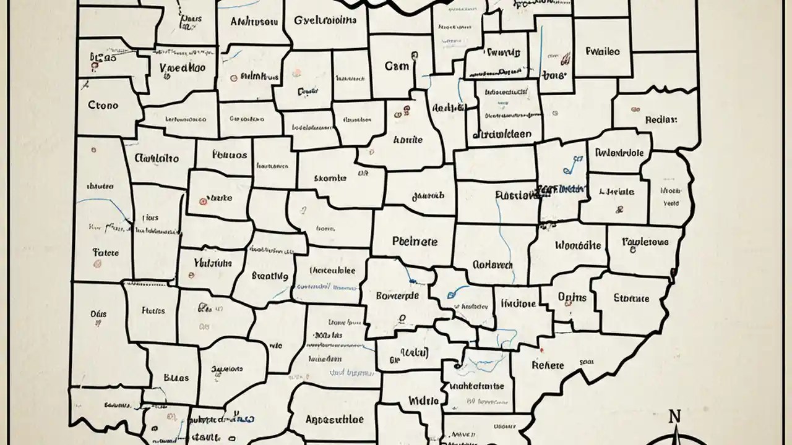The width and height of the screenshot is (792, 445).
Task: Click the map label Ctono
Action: click(103, 105)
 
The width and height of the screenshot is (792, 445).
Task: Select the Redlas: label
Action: click(661, 119)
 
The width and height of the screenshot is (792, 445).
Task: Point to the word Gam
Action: click(397, 66)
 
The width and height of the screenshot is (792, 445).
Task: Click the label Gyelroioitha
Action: click(325, 20)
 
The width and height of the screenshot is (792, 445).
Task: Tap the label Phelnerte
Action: click(415, 242)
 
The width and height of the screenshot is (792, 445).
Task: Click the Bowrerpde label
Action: click(397, 295)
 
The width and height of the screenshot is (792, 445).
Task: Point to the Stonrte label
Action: click(631, 299)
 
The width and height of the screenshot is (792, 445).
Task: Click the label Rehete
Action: click(548, 365)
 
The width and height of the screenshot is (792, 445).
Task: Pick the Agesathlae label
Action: click(334, 419)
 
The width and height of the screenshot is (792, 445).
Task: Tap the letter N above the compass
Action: click(675, 416)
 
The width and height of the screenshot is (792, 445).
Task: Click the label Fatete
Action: click(105, 252)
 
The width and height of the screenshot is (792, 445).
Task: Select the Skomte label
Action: click(330, 178)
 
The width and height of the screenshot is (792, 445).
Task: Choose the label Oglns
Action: click(571, 297)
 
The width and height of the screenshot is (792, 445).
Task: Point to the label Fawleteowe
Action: click(645, 242)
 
